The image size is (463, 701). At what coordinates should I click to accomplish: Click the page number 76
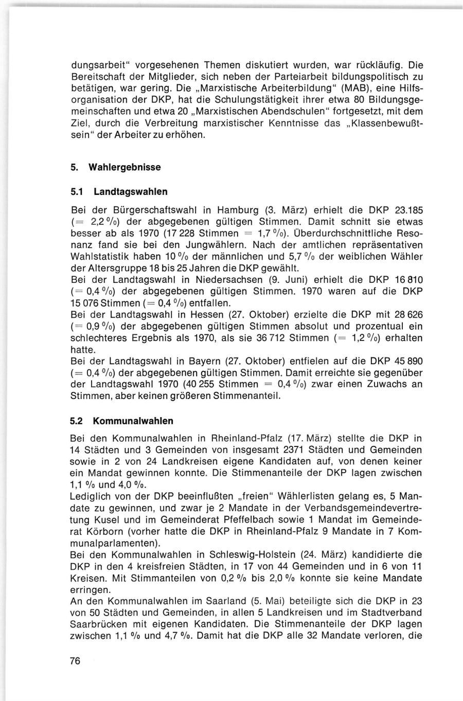[76, 661]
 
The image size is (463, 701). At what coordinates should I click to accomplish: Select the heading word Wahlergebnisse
[124, 168]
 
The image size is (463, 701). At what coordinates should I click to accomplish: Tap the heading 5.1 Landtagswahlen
[119, 192]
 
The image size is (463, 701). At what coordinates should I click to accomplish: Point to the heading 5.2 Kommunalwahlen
[121, 421]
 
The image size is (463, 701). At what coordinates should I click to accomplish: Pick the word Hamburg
[239, 210]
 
